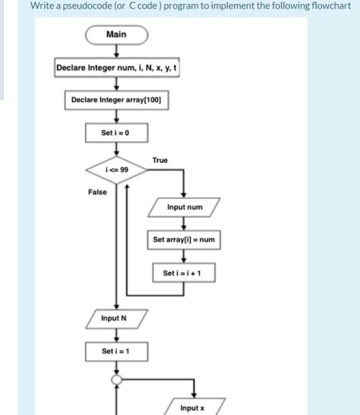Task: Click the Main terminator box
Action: (x=116, y=34)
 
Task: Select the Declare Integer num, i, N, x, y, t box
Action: (x=116, y=68)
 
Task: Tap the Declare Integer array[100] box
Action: (x=116, y=100)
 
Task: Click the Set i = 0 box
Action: (x=116, y=132)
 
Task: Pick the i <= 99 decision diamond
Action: (x=116, y=169)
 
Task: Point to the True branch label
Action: (x=160, y=160)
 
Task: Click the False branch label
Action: (x=97, y=191)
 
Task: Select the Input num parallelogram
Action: (x=184, y=207)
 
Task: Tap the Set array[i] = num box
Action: (x=184, y=240)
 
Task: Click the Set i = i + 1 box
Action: (x=184, y=273)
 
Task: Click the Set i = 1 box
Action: (x=116, y=351)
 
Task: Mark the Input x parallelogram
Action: (x=192, y=408)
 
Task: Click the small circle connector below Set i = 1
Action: (x=116, y=380)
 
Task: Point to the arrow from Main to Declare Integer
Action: (x=116, y=51)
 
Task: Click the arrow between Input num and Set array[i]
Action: (x=184, y=224)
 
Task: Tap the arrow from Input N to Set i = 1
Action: (x=116, y=335)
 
